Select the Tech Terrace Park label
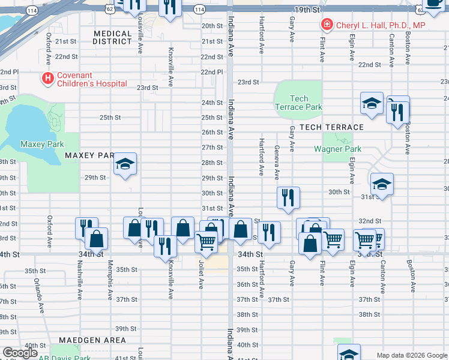point(298,103)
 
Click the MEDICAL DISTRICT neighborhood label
point(112,38)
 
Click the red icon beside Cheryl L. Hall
point(326,25)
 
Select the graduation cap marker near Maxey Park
point(125,164)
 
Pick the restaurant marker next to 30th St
point(289,197)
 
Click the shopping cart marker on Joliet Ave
point(206,242)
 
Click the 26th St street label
point(212,133)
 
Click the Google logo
point(20,353)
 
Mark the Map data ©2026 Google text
point(411,355)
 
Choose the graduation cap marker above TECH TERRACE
point(372,103)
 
